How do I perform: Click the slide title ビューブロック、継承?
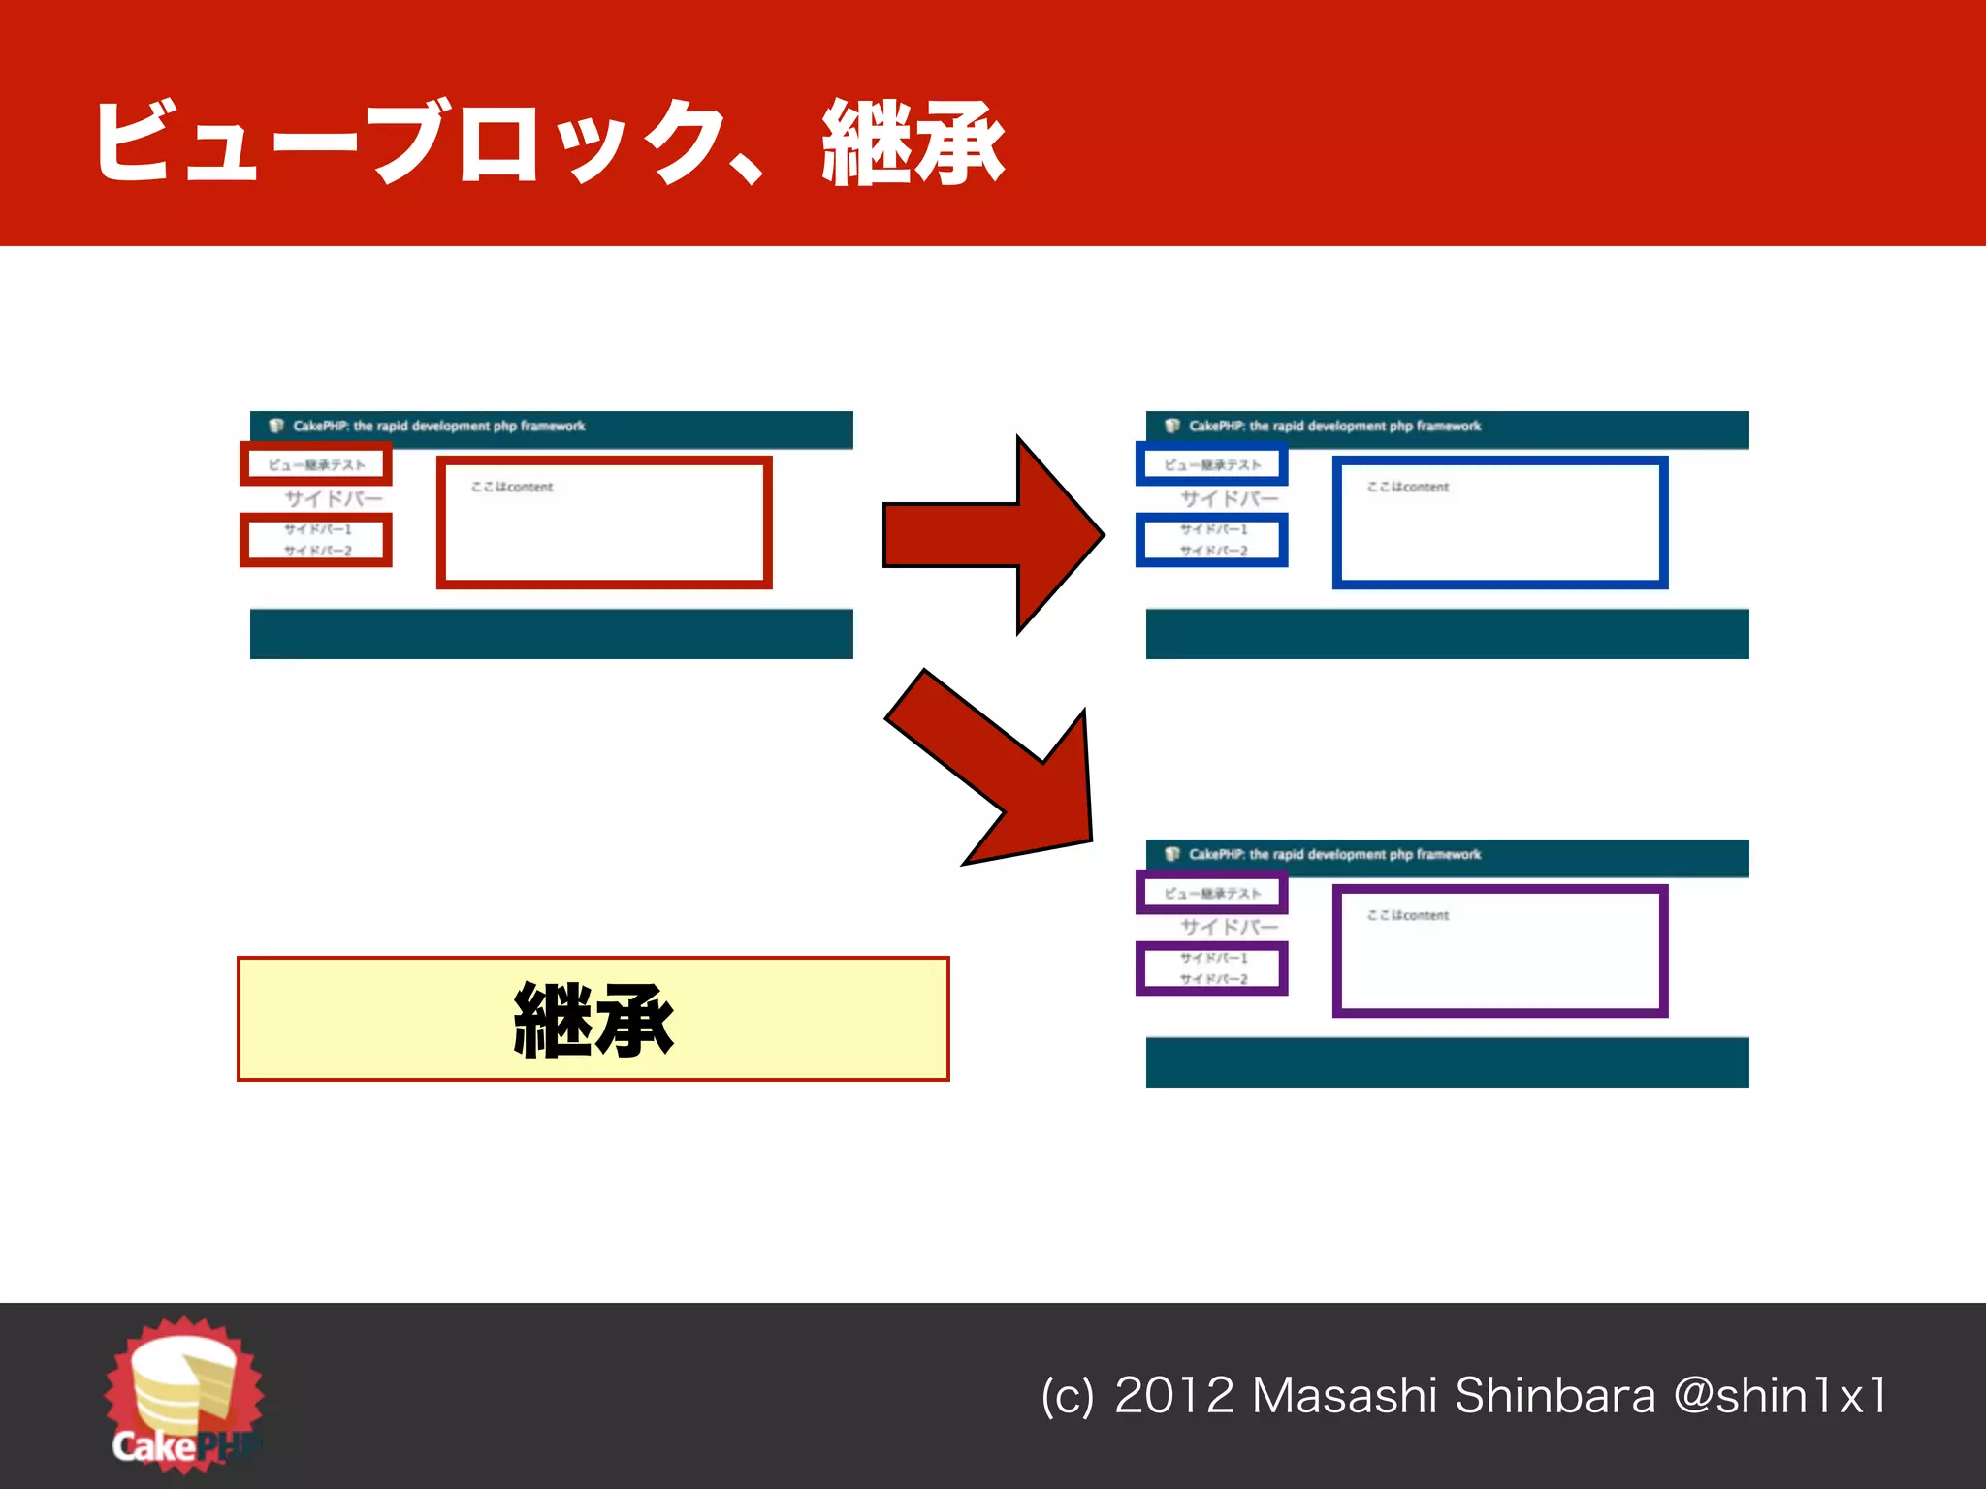point(549,142)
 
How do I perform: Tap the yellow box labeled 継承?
point(593,1019)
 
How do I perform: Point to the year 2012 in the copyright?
point(1173,1396)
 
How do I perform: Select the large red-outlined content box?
point(604,523)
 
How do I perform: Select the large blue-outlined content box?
point(1500,523)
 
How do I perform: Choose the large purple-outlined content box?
point(1500,952)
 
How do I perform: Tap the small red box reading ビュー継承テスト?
point(316,464)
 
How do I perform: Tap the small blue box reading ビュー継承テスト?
point(1212,464)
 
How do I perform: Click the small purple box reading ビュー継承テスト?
point(1212,893)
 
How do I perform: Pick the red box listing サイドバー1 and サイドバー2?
point(316,540)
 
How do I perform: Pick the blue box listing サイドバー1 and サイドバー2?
point(1212,540)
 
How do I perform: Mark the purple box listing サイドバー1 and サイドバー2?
point(1212,968)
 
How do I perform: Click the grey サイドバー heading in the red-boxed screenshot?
point(334,498)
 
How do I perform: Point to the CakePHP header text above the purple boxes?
point(1334,854)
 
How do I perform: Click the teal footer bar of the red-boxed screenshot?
point(551,634)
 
